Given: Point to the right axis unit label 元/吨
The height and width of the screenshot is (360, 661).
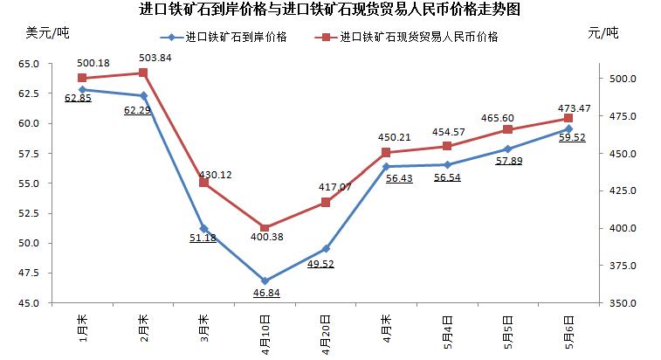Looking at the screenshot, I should click(602, 33).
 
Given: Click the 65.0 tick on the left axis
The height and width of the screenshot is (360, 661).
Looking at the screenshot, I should click(28, 64).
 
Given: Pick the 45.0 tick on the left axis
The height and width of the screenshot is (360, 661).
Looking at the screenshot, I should click(28, 303).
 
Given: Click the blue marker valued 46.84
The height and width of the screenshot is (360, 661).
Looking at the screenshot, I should click(265, 281).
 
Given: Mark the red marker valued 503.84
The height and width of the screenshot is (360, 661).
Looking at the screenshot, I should click(142, 73).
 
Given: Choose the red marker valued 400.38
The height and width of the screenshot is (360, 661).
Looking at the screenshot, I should click(265, 228).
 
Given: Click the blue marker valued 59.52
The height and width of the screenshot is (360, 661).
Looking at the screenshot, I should click(568, 128).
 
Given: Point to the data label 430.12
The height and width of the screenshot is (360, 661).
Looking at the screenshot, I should click(216, 175).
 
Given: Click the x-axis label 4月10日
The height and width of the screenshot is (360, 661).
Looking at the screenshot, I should click(265, 333).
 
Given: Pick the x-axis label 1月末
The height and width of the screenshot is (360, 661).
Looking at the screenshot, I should click(82, 327).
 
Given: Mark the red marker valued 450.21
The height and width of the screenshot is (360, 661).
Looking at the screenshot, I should click(386, 153).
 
